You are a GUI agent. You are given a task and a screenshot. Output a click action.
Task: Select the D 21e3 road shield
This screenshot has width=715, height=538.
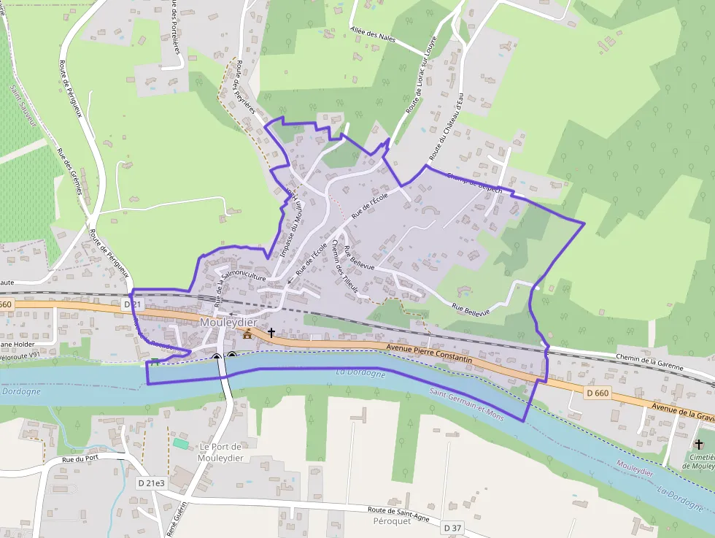[x=151, y=483]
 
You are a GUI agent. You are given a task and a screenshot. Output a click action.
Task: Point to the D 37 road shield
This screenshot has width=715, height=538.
[x=452, y=527]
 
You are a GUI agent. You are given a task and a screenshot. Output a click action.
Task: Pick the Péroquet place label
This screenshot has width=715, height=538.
[x=392, y=520]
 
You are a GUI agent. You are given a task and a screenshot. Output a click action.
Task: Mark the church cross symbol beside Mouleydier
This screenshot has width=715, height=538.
[x=271, y=333]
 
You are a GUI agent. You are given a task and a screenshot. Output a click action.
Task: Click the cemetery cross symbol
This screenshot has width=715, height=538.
[x=699, y=443]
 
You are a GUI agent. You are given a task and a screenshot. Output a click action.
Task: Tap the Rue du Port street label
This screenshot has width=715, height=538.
[x=80, y=459]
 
